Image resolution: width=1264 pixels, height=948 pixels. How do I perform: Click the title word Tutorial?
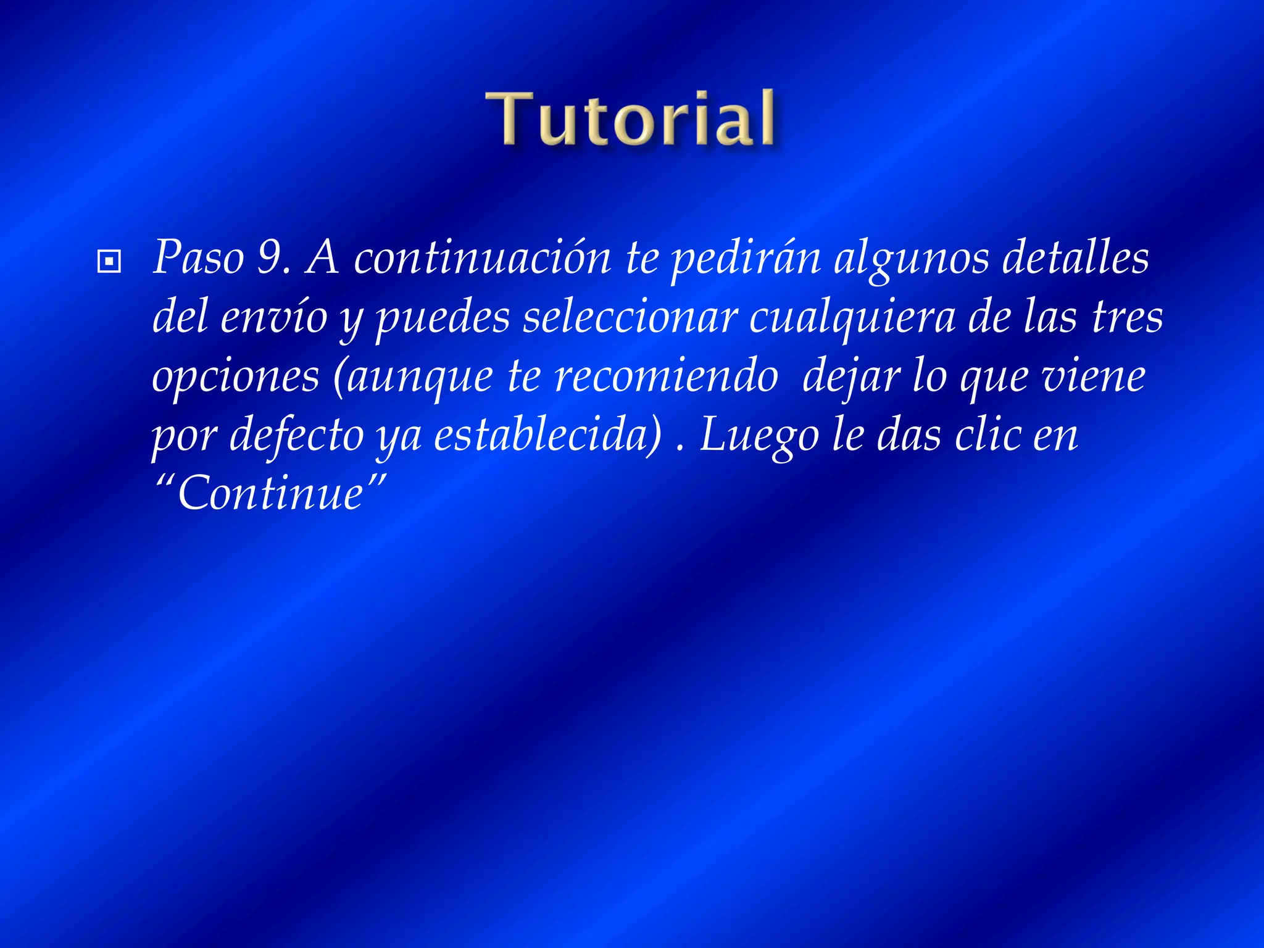pyautogui.click(x=630, y=118)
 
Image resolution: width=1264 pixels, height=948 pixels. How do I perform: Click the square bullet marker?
pyautogui.click(x=109, y=262)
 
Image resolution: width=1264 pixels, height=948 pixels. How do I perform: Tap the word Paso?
pyautogui.click(x=198, y=257)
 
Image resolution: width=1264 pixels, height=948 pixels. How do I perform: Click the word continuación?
pyautogui.click(x=482, y=257)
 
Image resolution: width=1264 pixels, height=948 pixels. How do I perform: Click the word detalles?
pyautogui.click(x=1075, y=257)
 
